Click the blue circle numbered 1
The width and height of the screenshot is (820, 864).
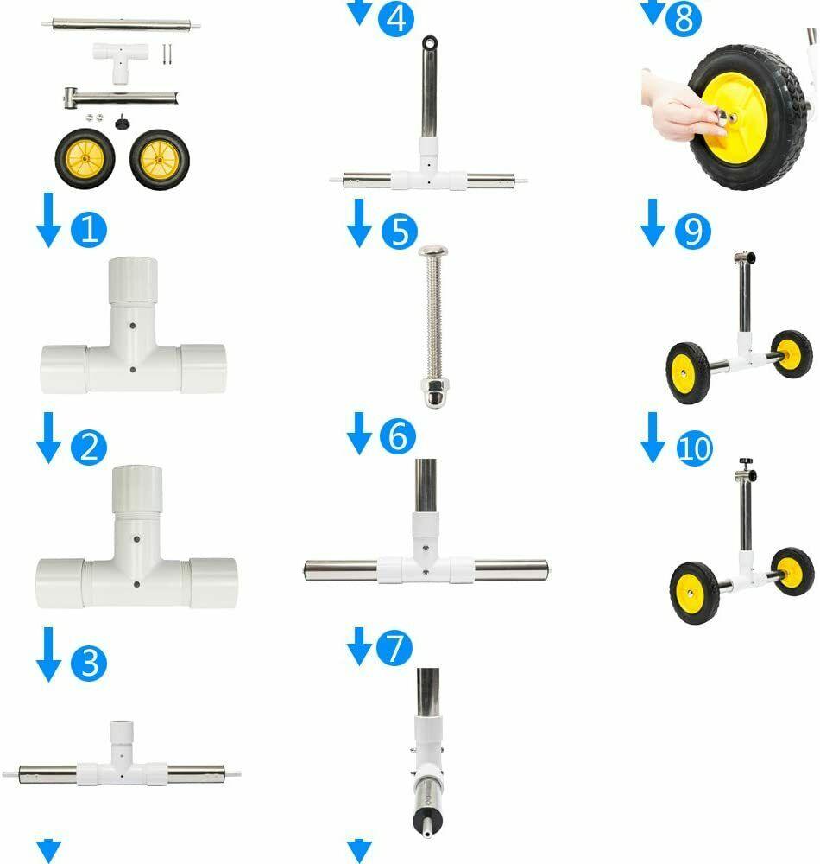(89, 229)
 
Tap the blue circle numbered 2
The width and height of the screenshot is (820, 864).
(89, 447)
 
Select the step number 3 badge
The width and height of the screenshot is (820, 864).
(89, 663)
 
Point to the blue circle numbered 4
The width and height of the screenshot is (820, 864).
(395, 19)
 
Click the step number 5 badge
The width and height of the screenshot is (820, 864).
(399, 231)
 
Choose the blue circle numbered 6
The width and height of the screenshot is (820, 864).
(398, 435)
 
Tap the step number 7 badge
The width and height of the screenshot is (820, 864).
(394, 647)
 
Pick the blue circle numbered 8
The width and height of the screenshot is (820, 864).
(684, 19)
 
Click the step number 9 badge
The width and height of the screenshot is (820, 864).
(693, 231)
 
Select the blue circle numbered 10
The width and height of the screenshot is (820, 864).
(695, 448)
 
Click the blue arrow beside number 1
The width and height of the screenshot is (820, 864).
(48, 219)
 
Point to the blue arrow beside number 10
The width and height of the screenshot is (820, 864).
(653, 438)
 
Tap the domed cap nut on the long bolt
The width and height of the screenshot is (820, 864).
(434, 392)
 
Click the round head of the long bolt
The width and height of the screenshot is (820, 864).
(433, 251)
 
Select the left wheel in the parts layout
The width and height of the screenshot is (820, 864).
(85, 159)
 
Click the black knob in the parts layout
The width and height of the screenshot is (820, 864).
(123, 122)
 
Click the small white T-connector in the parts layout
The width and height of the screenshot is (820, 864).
(121, 61)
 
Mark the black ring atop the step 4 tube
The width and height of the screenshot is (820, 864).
(429, 41)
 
